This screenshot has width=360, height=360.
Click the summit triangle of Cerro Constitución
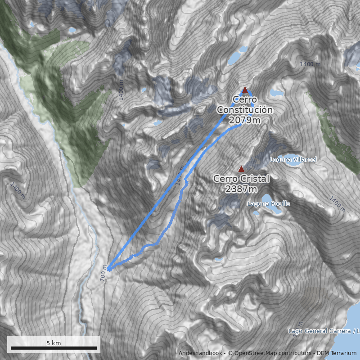[245, 90]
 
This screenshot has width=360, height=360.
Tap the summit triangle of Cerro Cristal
[241, 169]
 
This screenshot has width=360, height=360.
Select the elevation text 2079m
[244, 120]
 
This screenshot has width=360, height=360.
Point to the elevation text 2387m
[241, 189]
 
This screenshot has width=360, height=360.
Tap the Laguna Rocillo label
[269, 204]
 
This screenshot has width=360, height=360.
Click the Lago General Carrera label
[319, 331]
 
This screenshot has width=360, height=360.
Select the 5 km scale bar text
[54, 343]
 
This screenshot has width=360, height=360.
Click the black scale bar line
[54, 348]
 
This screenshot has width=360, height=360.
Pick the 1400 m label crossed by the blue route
[180, 178]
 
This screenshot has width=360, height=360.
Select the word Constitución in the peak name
[245, 110]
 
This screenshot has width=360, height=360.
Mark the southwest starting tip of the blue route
[108, 270]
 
